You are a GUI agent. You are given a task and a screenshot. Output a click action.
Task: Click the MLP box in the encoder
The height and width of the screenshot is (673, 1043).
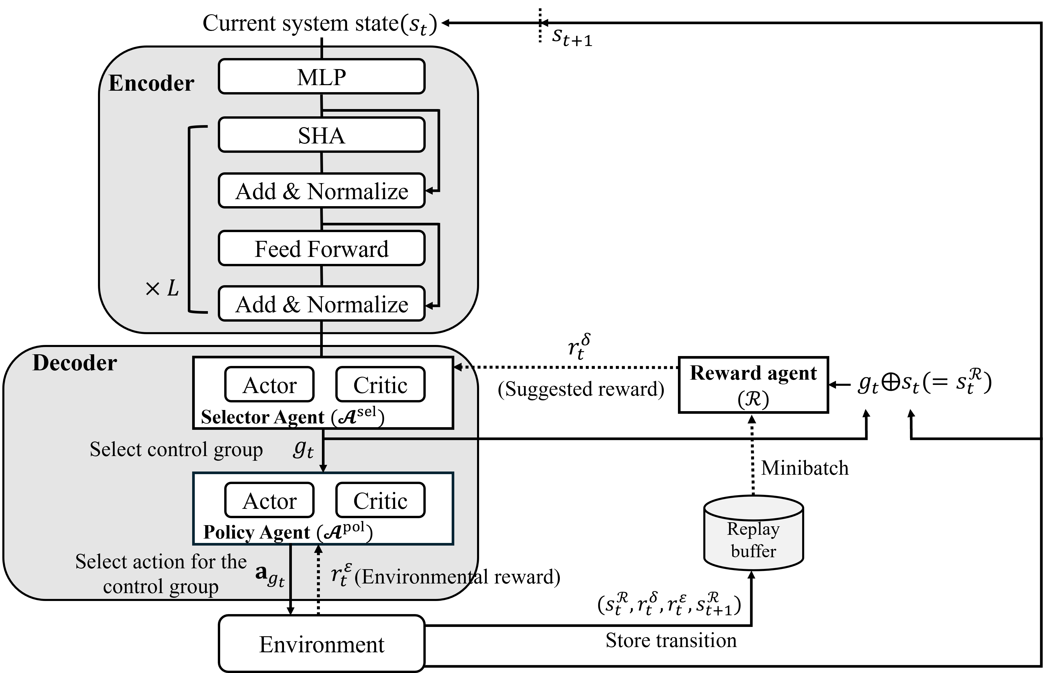click(x=322, y=76)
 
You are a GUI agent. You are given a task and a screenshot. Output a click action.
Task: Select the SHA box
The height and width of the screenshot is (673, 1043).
click(x=322, y=135)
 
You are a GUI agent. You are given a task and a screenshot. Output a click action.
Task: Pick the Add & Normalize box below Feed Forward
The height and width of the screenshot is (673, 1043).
click(x=322, y=304)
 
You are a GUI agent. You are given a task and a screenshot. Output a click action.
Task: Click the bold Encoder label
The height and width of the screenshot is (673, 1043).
click(x=151, y=83)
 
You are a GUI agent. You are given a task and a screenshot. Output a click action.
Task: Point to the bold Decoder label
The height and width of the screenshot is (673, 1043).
click(x=75, y=363)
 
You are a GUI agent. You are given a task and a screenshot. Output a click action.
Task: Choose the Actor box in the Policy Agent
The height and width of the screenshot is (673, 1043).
click(x=270, y=500)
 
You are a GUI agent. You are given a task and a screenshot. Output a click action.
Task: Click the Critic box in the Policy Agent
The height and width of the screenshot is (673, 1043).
click(x=380, y=500)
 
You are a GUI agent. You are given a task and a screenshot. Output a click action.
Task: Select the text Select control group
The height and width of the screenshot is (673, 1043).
click(x=176, y=449)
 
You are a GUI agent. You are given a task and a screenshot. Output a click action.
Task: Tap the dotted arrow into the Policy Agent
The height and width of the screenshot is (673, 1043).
click(x=318, y=570)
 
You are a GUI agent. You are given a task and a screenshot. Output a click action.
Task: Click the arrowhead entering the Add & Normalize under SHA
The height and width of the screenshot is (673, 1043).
click(x=429, y=191)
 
